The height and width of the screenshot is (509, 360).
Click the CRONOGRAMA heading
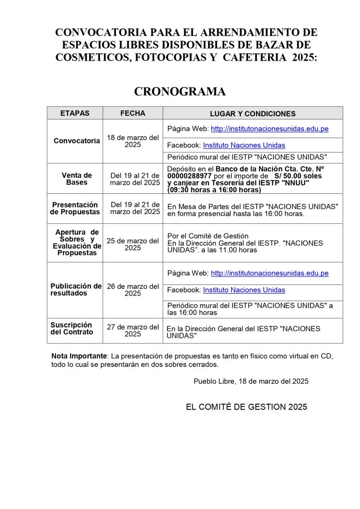point(180,92)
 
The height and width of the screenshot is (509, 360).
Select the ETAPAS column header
point(75,113)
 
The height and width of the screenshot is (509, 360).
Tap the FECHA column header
point(133,113)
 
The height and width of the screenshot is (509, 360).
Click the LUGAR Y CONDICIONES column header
point(253,114)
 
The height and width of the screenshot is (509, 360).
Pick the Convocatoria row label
point(77,141)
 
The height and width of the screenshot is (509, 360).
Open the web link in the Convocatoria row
point(270,129)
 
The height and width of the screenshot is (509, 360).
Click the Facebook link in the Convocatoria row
point(244,145)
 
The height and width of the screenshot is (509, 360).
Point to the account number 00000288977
point(189,176)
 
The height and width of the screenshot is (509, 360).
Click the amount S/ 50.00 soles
point(298,176)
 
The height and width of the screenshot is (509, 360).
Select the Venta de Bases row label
point(77,179)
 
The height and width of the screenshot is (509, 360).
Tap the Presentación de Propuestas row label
point(75,208)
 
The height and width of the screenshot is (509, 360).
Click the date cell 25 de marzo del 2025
point(133,244)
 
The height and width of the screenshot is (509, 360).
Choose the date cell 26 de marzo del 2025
point(133,290)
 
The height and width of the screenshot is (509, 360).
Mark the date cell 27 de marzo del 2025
point(133,331)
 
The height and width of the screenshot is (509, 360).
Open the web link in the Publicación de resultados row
point(270,273)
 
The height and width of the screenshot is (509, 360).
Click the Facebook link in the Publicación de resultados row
point(244,290)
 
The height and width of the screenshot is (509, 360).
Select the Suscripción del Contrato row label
point(72,329)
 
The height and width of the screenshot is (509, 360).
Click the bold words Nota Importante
point(79,356)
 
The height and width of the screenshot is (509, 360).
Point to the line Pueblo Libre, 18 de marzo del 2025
point(251,381)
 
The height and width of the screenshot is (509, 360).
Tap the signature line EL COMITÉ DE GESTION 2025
point(247,407)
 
